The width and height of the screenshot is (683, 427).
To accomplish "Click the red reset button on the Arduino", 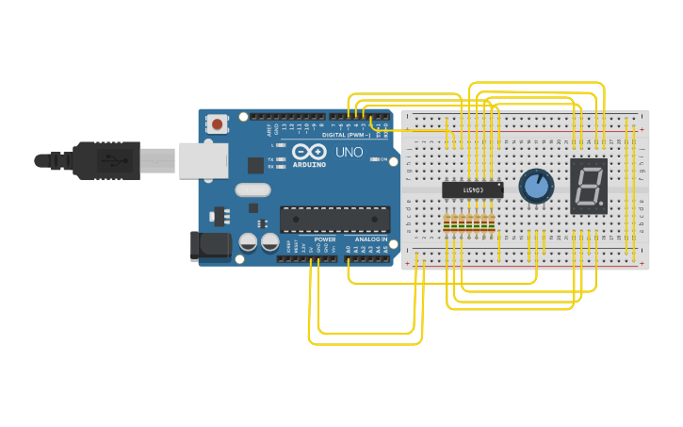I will coord(219,123).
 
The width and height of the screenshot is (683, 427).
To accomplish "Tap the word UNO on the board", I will coord(349,151).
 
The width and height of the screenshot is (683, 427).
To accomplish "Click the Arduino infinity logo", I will coord(309,152).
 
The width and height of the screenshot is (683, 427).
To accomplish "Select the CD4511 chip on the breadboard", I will coord(472,189).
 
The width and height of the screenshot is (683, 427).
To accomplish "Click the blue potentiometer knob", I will coord(536,186).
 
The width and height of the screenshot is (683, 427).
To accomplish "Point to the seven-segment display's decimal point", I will coord(602,203).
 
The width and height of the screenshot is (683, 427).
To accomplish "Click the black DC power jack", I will coord(210,246).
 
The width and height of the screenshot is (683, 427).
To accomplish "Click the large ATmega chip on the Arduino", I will coord(334,219).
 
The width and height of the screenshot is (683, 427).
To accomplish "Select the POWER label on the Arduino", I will coord(325,239).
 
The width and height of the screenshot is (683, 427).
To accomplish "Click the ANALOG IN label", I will coord(370,239).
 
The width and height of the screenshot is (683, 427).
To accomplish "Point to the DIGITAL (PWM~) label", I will coord(346,135).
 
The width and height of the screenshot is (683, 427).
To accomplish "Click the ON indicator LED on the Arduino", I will coord(374,160).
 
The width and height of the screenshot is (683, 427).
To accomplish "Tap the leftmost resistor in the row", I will coord(447,222).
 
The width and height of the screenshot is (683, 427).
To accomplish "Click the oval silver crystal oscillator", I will coord(252,189).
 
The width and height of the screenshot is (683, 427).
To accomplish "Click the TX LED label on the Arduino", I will coord(271,159).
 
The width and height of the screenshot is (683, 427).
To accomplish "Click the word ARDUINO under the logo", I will coord(309,165).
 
